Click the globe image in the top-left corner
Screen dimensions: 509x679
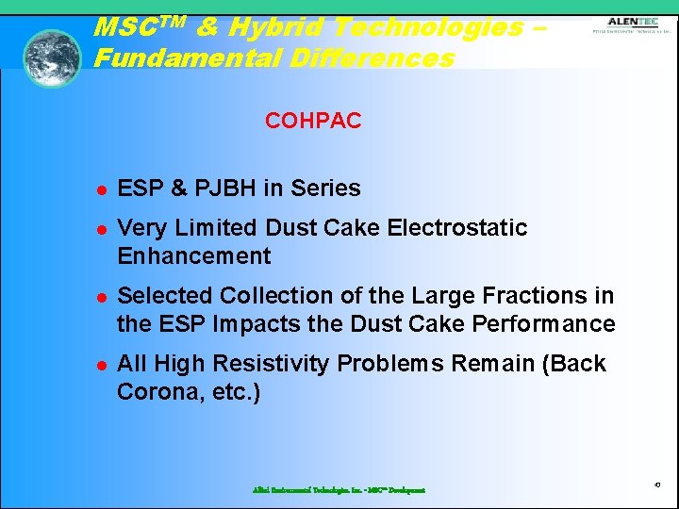point(52,57)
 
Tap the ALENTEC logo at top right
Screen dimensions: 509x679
point(633,25)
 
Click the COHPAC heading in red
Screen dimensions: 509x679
point(313,122)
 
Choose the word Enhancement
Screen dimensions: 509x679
point(193,256)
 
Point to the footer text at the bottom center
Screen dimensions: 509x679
point(339,490)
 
